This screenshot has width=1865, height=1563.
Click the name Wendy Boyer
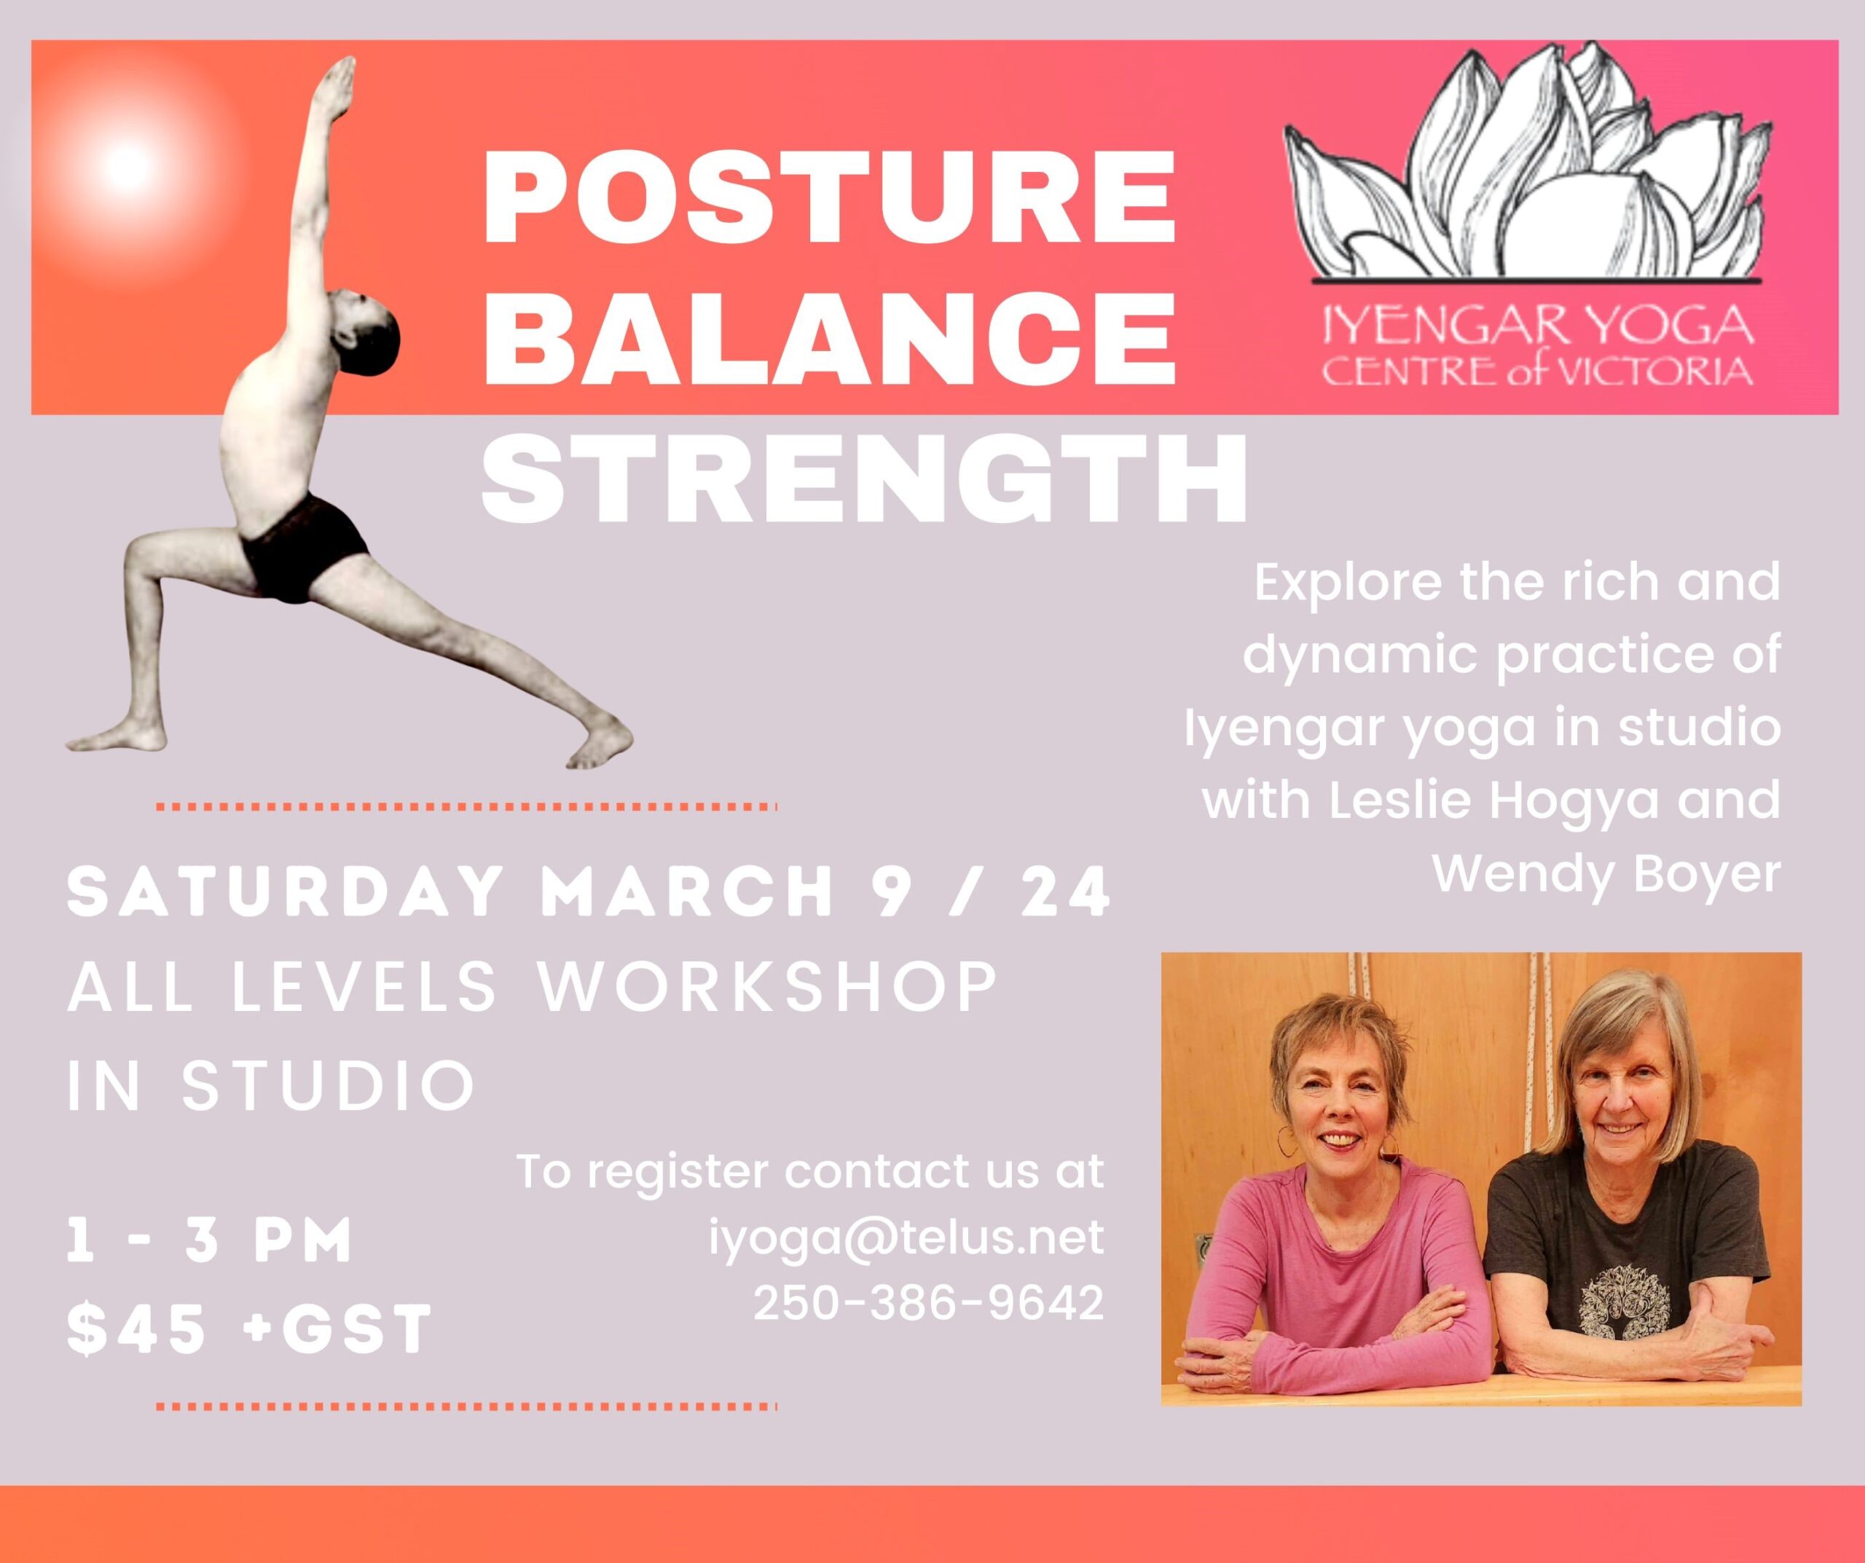(x=1607, y=875)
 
